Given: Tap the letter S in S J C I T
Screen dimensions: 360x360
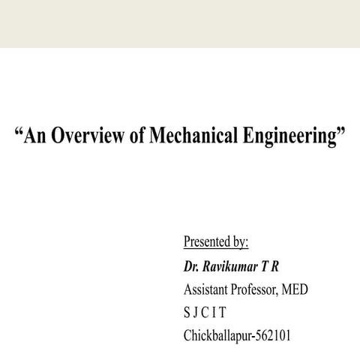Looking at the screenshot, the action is click(187, 312).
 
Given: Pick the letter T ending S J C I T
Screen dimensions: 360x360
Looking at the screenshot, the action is click(222, 312).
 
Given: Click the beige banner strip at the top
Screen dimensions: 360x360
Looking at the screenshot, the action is click(180, 23).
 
